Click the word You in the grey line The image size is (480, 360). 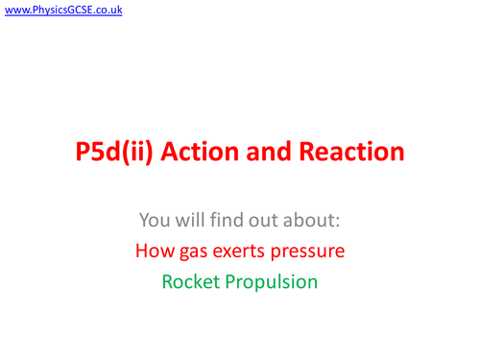click(156, 221)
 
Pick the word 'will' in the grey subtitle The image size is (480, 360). click(196, 221)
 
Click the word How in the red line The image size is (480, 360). click(155, 252)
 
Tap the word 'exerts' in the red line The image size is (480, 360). click(236, 252)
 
